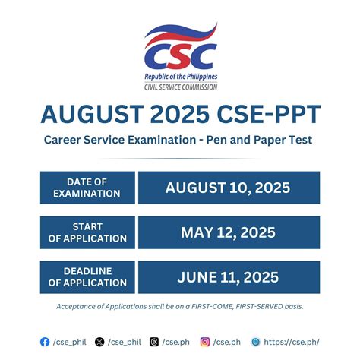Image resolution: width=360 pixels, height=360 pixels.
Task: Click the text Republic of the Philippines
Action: click(x=180, y=77)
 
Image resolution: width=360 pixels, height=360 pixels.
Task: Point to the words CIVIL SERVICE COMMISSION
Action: click(x=180, y=87)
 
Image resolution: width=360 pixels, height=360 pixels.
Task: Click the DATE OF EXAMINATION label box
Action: click(x=87, y=187)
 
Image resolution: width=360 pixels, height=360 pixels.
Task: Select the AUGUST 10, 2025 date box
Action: click(x=229, y=187)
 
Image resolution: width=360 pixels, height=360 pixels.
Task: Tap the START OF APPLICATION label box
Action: click(x=87, y=232)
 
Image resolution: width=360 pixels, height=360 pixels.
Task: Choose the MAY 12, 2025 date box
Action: click(x=229, y=232)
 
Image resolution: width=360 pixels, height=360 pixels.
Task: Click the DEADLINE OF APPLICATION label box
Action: click(x=87, y=276)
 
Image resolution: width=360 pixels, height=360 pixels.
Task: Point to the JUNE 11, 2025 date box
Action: click(x=229, y=276)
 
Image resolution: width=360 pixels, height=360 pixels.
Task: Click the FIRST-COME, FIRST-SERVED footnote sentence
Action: click(x=180, y=306)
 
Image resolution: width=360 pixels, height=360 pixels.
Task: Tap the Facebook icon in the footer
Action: click(x=45, y=343)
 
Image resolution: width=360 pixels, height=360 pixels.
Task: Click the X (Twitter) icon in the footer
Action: click(x=99, y=343)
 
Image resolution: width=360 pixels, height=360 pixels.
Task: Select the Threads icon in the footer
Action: click(x=154, y=343)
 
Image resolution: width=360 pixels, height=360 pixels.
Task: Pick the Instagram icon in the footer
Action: click(x=204, y=343)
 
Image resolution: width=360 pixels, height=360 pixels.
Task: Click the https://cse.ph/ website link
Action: click(x=291, y=343)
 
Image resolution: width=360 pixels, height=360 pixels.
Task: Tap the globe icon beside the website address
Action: click(x=255, y=343)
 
